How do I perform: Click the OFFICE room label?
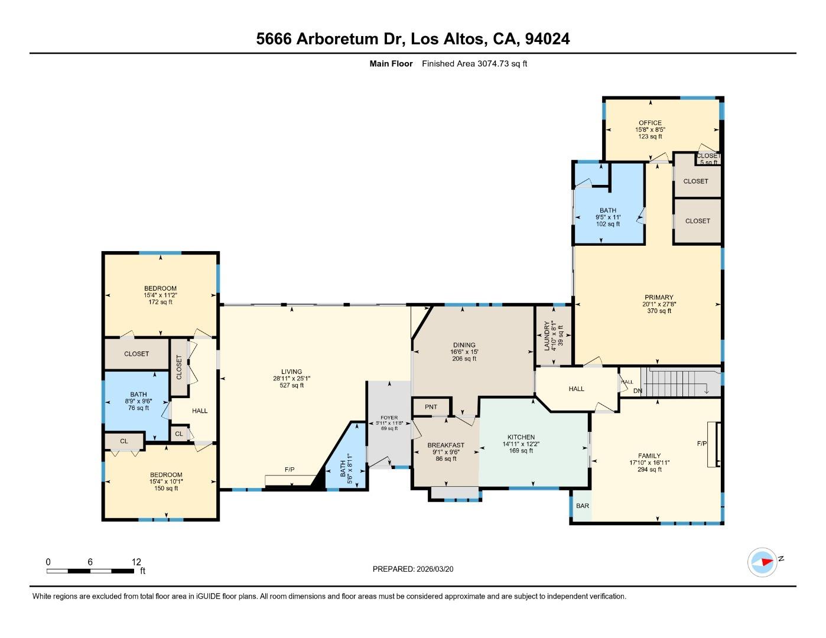pyautogui.click(x=650, y=123)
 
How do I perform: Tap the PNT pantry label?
pyautogui.click(x=431, y=407)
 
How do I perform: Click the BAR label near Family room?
pyautogui.click(x=583, y=506)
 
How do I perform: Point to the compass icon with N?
pyautogui.click(x=763, y=562)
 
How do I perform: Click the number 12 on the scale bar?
pyautogui.click(x=136, y=562)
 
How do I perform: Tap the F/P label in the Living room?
pyautogui.click(x=290, y=470)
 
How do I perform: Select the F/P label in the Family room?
pyautogui.click(x=702, y=443)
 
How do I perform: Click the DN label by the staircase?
pyautogui.click(x=638, y=391)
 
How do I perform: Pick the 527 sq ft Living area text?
pyautogui.click(x=291, y=386)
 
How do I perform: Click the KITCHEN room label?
pyautogui.click(x=521, y=437)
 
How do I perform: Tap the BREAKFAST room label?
pyautogui.click(x=445, y=445)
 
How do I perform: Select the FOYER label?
pyautogui.click(x=389, y=418)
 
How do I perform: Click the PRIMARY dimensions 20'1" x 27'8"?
pyautogui.click(x=659, y=304)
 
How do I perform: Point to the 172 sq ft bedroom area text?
pyautogui.click(x=160, y=302)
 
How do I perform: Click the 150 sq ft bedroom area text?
pyautogui.click(x=166, y=489)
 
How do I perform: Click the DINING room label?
pyautogui.click(x=464, y=345)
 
